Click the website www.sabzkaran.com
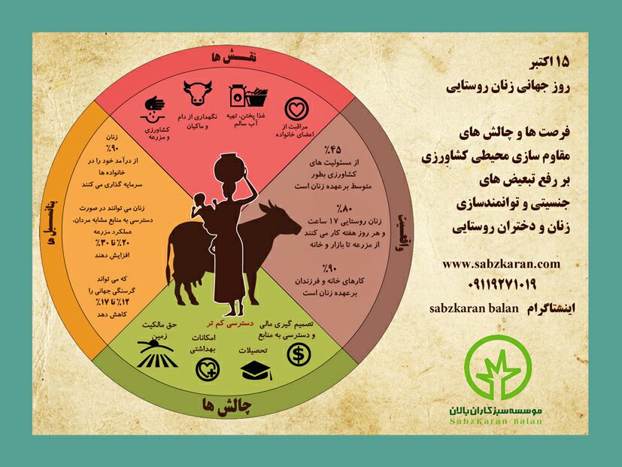pos(502,264)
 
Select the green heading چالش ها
pos(223,404)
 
